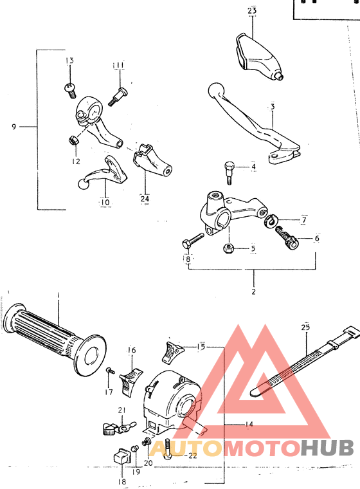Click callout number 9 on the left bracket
[14, 127]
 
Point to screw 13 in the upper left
[69, 89]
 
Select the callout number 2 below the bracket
[253, 291]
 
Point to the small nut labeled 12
[73, 140]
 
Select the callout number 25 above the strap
[305, 328]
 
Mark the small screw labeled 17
[111, 371]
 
